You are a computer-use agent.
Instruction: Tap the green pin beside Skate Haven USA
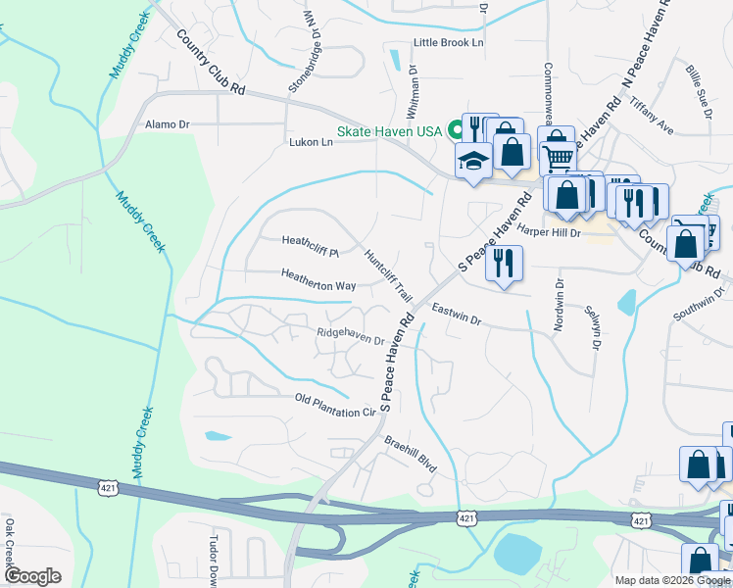(x=456, y=129)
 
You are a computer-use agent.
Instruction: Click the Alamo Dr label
(x=167, y=124)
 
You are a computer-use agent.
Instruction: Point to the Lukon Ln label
(x=311, y=142)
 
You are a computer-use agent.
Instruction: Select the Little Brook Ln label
(x=449, y=43)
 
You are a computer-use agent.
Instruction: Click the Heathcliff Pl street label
(x=310, y=241)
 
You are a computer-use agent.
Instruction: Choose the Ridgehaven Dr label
(x=350, y=335)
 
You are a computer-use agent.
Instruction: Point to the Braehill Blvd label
(x=410, y=453)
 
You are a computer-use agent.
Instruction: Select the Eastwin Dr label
(x=456, y=314)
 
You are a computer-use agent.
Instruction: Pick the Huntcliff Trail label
(x=388, y=273)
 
